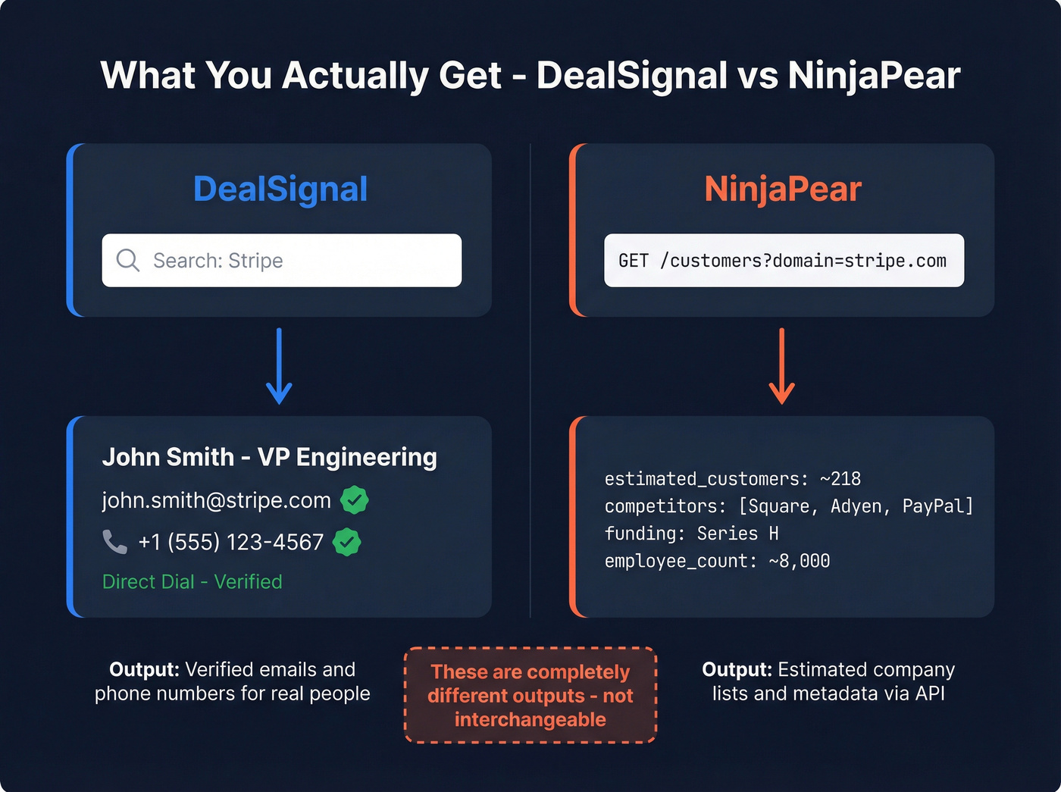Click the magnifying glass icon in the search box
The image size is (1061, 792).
point(127,260)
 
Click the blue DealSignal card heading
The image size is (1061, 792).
point(280,189)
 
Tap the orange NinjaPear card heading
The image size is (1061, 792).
point(783,189)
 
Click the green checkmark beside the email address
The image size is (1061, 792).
point(354,500)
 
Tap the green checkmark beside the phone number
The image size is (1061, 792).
point(346,542)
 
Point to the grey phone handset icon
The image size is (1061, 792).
point(114,542)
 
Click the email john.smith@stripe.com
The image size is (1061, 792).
point(217,500)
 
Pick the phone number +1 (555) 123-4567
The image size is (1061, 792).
point(230,542)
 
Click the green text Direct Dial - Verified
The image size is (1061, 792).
point(192,581)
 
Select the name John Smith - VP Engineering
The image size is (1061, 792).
point(269,457)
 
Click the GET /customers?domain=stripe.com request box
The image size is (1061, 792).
point(784,260)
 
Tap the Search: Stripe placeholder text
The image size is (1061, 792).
point(218,261)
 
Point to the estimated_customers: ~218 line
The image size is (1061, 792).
point(732,479)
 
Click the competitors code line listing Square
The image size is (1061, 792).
point(788,506)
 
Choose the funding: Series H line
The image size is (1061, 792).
point(691,534)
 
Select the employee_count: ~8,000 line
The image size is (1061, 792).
point(717,561)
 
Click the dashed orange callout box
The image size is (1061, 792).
point(530,695)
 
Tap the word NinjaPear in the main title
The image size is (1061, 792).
point(874,75)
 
